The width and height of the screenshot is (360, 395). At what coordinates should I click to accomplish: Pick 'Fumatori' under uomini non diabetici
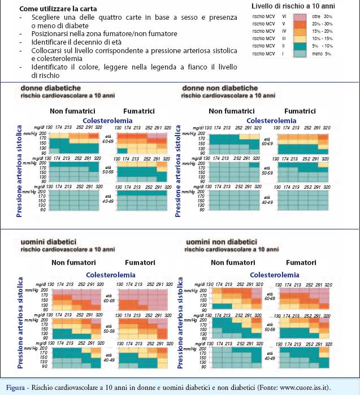click(x=301, y=263)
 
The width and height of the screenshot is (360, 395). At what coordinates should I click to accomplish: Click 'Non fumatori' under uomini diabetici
click(x=73, y=263)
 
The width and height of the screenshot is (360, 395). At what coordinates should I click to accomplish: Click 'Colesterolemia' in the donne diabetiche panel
click(x=108, y=120)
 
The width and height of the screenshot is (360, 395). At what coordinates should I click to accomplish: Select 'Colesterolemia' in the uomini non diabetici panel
click(x=275, y=274)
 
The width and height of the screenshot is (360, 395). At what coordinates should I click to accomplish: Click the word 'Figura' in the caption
click(x=14, y=387)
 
